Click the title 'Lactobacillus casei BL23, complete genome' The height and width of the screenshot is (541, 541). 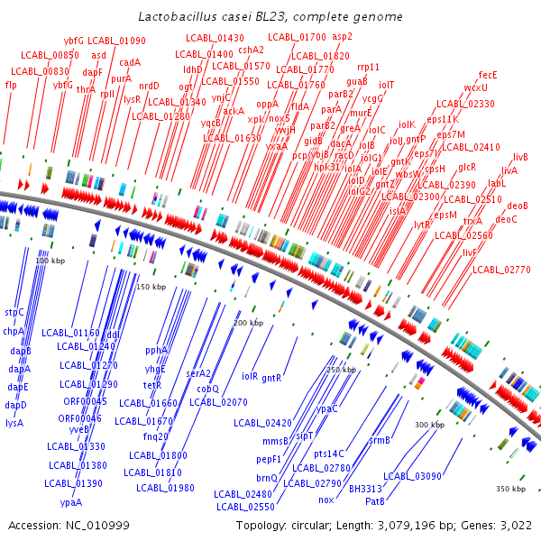tap(270, 17)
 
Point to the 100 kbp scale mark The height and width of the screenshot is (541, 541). tap(51, 261)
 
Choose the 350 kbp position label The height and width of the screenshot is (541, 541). tap(510, 489)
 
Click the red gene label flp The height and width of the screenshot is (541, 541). tap(11, 85)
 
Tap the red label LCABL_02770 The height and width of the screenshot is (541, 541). tap(501, 269)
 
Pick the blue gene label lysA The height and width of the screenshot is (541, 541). tap(14, 422)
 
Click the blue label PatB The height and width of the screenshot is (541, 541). tap(375, 500)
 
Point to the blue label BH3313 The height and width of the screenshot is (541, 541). tap(366, 488)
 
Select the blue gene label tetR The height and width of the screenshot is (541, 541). tap(152, 385)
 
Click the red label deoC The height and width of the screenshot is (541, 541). tap(507, 219)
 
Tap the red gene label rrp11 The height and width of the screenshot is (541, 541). tap(368, 67)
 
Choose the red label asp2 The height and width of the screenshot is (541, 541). tap(343, 37)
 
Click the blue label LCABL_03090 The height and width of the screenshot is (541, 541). tap(412, 476)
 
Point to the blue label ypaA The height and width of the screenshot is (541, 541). tap(71, 502)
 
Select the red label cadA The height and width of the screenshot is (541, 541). tap(130, 62)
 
